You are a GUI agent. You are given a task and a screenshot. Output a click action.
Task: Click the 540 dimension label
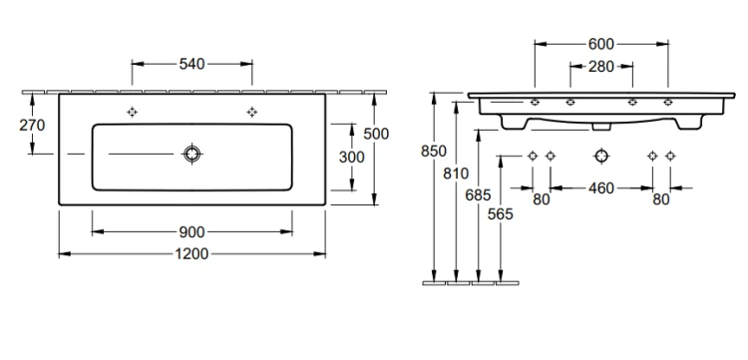tap(191, 64)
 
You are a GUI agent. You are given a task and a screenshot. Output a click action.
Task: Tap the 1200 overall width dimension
tap(191, 254)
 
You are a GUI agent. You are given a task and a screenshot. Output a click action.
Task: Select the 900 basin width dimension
tap(191, 232)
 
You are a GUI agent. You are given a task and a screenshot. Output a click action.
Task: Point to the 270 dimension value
tap(32, 125)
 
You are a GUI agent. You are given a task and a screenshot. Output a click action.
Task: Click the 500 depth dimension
tap(376, 134)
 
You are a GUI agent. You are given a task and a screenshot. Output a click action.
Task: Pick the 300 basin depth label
tap(352, 157)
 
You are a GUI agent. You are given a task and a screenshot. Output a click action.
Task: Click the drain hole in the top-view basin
tap(191, 154)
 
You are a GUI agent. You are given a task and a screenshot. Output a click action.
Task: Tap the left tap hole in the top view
tap(132, 112)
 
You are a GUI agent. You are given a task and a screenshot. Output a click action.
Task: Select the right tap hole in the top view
tap(252, 112)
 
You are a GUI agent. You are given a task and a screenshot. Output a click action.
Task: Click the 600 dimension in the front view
tap(601, 44)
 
